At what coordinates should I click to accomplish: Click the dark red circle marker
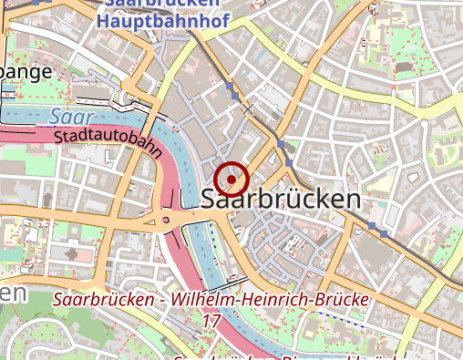point(231,179)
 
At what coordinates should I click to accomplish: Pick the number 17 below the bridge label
point(211,321)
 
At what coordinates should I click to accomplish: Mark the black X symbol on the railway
point(248,108)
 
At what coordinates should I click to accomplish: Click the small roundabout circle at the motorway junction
point(165,219)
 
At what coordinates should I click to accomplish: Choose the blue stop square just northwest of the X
point(234,94)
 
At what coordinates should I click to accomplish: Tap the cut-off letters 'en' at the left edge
point(12,293)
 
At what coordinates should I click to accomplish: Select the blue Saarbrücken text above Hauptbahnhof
point(156,3)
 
